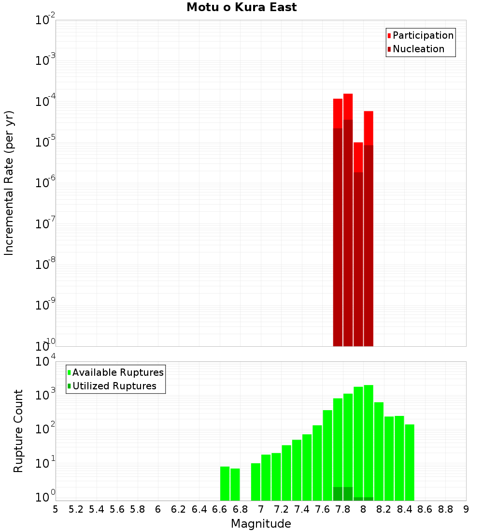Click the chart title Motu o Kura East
(241, 8)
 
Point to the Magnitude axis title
(261, 524)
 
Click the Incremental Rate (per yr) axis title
(9, 183)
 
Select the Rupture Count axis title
(18, 431)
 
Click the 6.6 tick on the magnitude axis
(220, 509)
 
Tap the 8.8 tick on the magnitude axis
(445, 509)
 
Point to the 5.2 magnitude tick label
(76, 509)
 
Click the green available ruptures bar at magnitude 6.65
(225, 483)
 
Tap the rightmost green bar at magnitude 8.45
(410, 462)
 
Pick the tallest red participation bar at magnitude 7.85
(348, 106)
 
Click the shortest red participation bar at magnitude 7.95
(358, 157)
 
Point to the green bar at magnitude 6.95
(256, 482)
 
